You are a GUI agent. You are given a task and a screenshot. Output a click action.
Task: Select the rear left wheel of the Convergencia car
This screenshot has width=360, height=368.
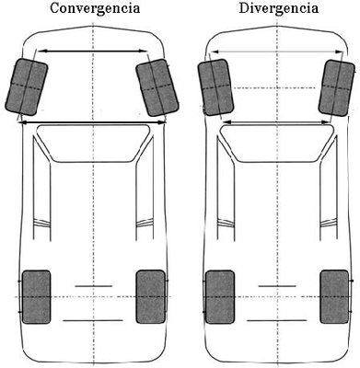pos(36,297)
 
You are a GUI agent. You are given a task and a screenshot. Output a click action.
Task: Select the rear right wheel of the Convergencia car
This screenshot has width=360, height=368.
pos(149,297)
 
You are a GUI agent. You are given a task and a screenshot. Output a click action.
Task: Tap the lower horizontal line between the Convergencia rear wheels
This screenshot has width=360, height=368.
pos(92,319)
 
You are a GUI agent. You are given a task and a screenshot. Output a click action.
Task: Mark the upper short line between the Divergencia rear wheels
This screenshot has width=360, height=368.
pos(273,286)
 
